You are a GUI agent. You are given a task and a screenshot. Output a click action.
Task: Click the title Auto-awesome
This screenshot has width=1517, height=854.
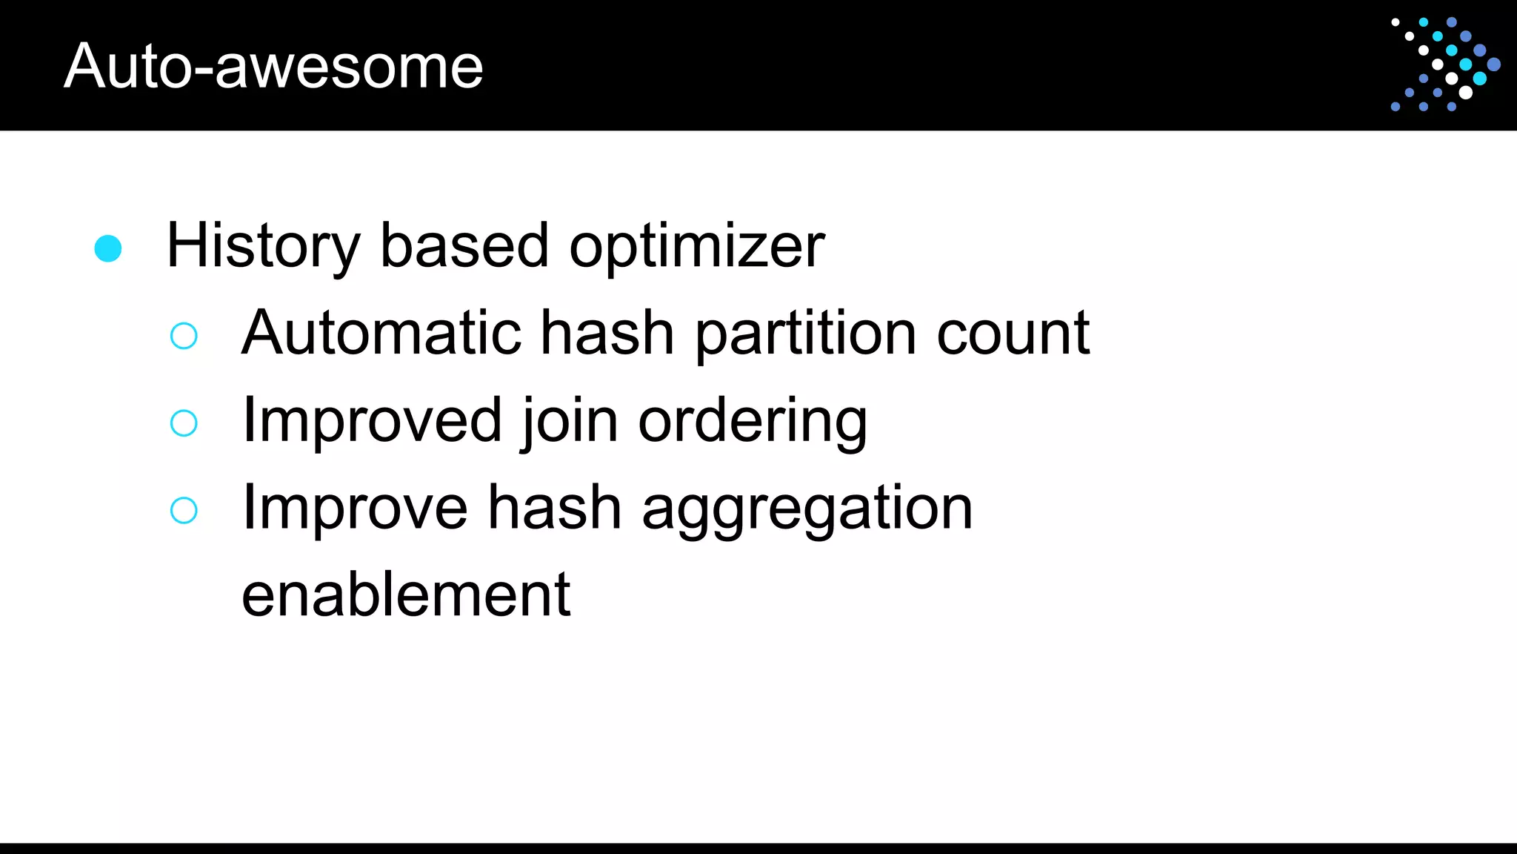pyautogui.click(x=273, y=66)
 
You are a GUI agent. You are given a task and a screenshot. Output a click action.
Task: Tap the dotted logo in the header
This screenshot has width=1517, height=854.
pyautogui.click(x=1445, y=64)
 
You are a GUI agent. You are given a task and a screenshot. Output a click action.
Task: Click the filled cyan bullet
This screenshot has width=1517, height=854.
pyautogui.click(x=108, y=248)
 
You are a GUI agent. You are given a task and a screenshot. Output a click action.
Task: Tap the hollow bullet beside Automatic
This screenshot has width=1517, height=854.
pyautogui.click(x=184, y=336)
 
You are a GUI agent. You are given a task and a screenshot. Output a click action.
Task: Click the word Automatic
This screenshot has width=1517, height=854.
pyautogui.click(x=381, y=333)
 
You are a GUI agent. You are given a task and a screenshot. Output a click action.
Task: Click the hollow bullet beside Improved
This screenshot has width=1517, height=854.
pyautogui.click(x=184, y=423)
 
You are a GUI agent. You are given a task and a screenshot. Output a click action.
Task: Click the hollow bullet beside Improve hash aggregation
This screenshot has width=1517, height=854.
pyautogui.click(x=184, y=510)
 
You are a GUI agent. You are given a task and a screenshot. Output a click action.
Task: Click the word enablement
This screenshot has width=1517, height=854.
pyautogui.click(x=406, y=595)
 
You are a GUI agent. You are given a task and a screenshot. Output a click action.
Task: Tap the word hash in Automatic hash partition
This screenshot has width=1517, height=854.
pyautogui.click(x=607, y=333)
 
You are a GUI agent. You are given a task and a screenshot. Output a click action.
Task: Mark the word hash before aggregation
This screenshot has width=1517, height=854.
pyautogui.click(x=555, y=508)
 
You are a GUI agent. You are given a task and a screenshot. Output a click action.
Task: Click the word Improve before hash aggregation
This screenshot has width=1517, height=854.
pyautogui.click(x=355, y=508)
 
